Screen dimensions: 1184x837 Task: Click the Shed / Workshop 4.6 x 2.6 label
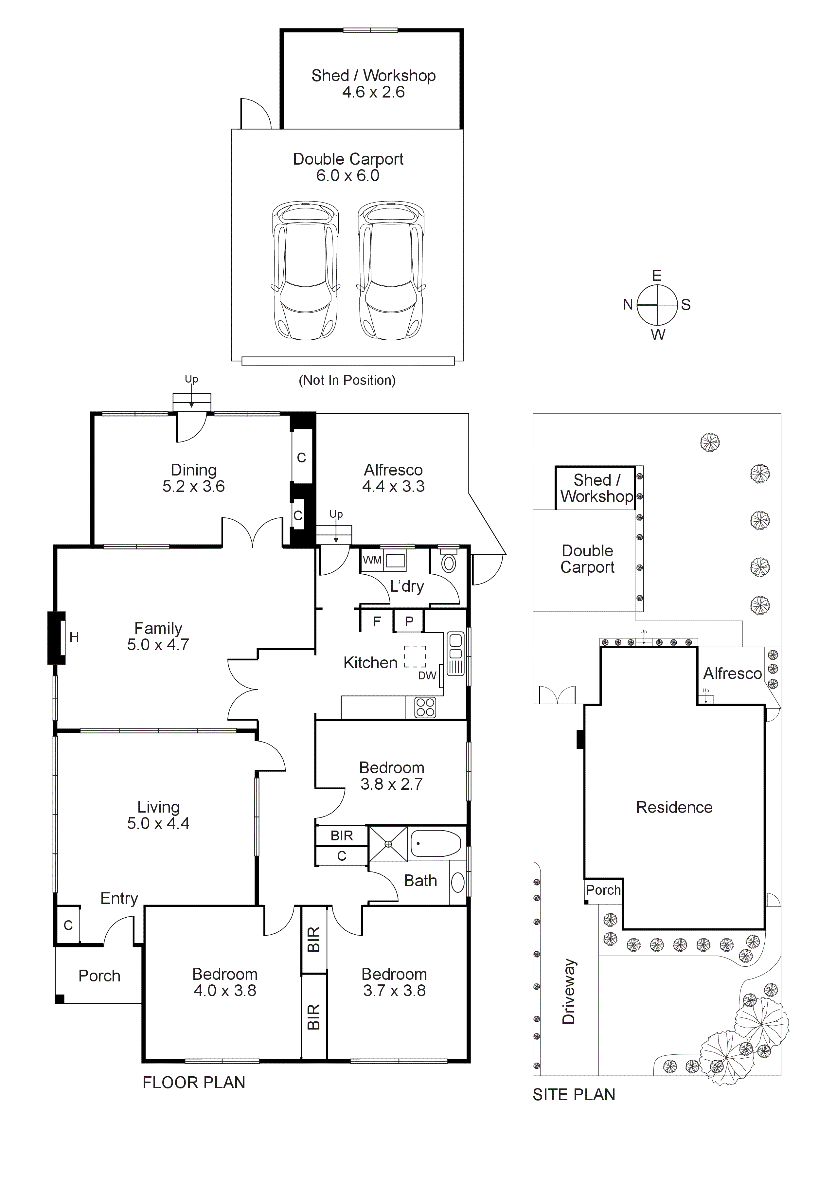tap(373, 83)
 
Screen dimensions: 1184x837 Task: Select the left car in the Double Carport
tap(305, 271)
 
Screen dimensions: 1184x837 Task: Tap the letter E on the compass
tap(656, 275)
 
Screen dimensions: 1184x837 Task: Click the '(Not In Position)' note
tap(347, 381)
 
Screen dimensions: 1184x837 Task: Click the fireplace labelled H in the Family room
tap(57, 637)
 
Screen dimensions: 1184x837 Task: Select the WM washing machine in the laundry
tap(372, 560)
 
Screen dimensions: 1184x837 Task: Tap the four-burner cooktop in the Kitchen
tap(425, 707)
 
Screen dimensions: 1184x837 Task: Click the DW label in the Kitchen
tap(427, 675)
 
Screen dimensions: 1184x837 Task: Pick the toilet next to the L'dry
tap(449, 563)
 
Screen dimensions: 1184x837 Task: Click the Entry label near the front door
tap(119, 898)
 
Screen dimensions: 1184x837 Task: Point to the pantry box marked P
tap(409, 621)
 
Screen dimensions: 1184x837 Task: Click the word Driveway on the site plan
tap(568, 991)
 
